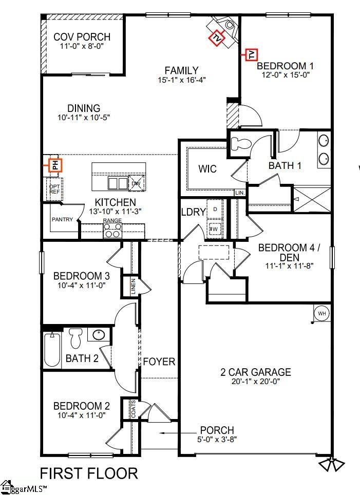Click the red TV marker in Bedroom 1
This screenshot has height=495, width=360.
(251, 54)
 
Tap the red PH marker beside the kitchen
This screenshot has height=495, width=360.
(55, 165)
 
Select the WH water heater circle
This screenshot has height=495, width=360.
(321, 313)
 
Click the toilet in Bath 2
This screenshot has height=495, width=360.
(75, 338)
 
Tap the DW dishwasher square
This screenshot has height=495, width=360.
(136, 183)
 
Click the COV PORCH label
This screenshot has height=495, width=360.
(82, 37)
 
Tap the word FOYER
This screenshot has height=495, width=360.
(159, 361)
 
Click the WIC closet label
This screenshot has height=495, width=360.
(207, 169)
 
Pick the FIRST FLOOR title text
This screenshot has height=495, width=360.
(89, 472)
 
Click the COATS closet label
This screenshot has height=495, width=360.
(134, 409)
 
